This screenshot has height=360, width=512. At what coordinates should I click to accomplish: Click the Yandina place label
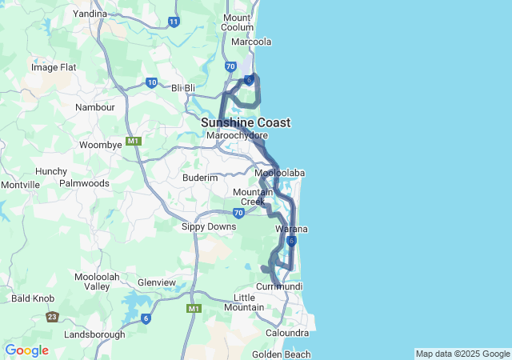[x=90, y=14]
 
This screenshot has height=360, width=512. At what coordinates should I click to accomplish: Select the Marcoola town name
[x=251, y=42]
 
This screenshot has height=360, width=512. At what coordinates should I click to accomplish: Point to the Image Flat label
[x=54, y=67]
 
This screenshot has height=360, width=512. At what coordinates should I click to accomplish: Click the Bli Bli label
[x=183, y=87]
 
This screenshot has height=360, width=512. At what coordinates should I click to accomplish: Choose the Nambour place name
[x=95, y=106]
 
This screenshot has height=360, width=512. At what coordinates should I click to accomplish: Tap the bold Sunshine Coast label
[x=246, y=122]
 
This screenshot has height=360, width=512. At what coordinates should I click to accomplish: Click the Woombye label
[x=101, y=145]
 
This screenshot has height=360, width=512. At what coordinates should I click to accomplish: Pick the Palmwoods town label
[x=84, y=182]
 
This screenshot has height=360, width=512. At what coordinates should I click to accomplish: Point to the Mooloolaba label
[x=279, y=173]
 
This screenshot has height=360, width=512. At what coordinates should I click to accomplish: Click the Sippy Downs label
[x=209, y=226]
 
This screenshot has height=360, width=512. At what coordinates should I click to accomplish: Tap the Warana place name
[x=291, y=230]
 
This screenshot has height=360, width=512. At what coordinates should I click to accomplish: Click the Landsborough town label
[x=94, y=334]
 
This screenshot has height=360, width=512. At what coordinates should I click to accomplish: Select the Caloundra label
[x=287, y=333]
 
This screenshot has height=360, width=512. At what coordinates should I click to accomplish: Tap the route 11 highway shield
[x=174, y=22]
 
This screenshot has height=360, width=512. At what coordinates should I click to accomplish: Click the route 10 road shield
[x=151, y=82]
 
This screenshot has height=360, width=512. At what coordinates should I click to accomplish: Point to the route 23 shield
[x=52, y=317]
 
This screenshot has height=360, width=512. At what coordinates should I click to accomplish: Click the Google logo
[x=27, y=350]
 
